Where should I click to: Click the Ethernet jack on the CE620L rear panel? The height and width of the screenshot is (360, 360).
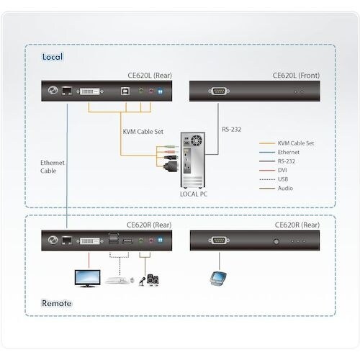(x=66, y=92)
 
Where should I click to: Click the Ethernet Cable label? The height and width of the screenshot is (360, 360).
(x=52, y=168)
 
